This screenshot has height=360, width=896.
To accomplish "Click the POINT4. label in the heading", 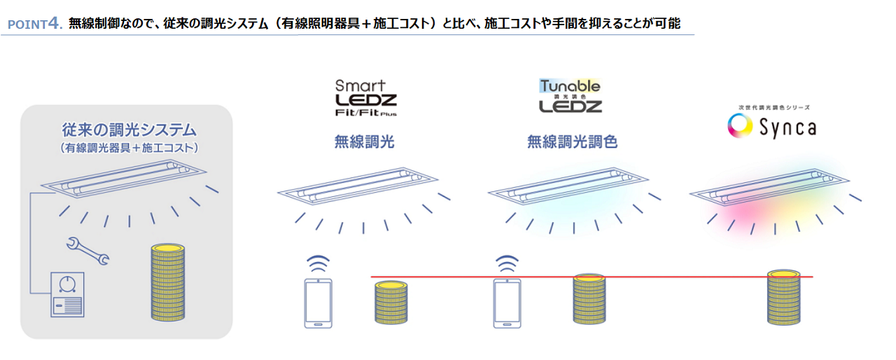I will coord(35,24).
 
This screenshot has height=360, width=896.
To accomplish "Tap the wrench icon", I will coord(87,251).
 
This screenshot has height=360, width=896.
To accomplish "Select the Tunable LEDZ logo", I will coord(570,97).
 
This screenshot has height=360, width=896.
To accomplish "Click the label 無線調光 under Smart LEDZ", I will coord(365,143).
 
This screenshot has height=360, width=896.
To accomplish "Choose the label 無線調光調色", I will coord(572,143).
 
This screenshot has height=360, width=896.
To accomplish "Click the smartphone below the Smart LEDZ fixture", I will coord(318,303).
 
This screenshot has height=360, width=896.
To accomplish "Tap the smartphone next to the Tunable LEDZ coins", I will coord(507,303).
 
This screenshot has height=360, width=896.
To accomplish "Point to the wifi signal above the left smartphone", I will coord(319,264).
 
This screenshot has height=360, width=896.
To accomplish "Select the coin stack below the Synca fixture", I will coord(783,297).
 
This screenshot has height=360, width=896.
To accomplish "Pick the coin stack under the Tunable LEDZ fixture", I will coord(589,298).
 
